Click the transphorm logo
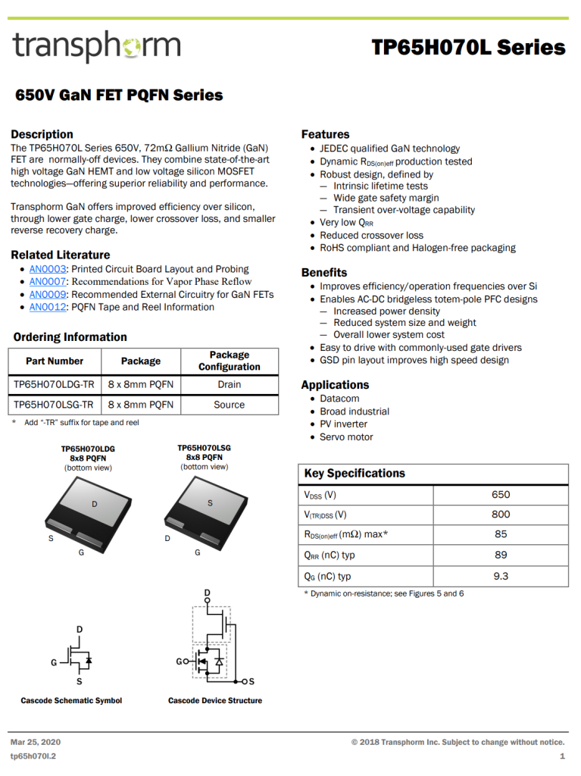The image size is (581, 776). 96,47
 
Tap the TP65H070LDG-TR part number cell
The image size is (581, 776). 54,384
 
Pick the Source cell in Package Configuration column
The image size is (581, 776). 229,405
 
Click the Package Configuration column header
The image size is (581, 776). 229,361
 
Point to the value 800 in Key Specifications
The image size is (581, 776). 501,515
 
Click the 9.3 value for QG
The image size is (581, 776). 501,576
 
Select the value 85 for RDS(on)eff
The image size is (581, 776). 501,535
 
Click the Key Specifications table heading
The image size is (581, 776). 355,474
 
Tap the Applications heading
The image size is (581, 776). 335,385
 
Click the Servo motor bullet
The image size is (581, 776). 346,437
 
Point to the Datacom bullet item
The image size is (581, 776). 339,399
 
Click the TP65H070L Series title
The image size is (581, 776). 468,48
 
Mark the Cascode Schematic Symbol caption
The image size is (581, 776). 71,701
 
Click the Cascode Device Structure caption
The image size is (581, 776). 215,701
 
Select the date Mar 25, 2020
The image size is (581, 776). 36,742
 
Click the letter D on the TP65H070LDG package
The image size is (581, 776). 95,504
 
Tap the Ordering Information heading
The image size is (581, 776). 70,337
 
